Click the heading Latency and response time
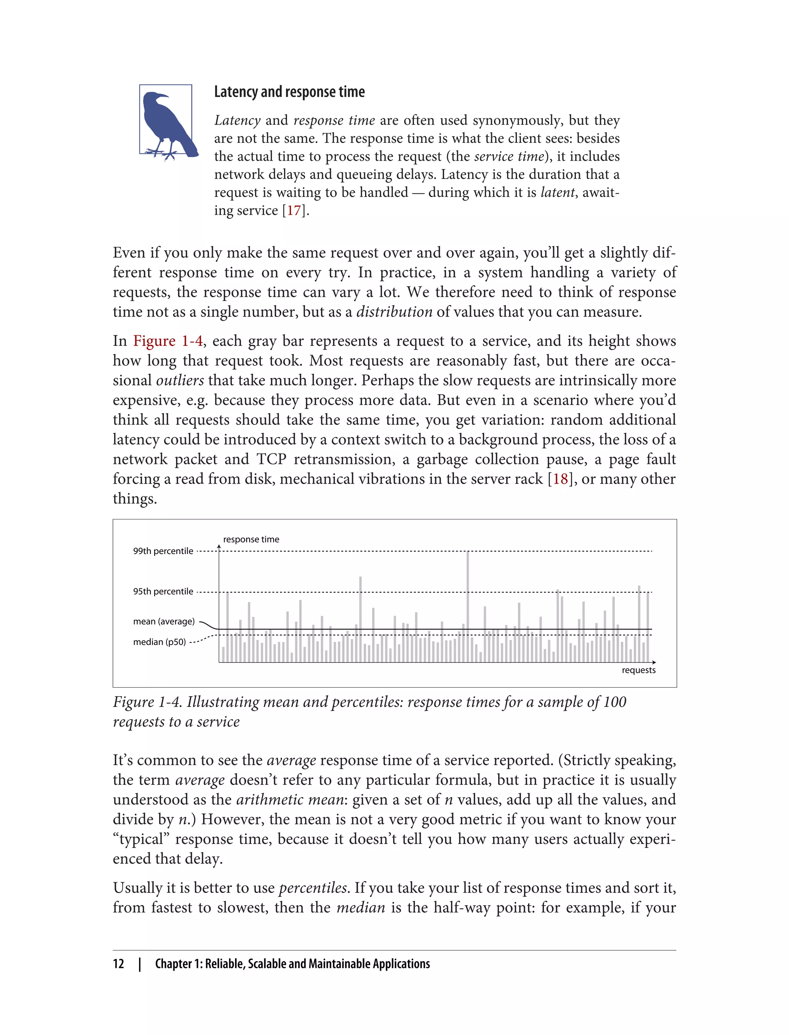[289, 92]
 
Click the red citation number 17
[294, 210]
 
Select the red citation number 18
[560, 479]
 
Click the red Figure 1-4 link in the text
[168, 341]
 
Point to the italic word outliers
[180, 380]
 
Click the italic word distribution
[394, 312]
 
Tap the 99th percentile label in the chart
[163, 551]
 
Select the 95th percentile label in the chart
[163, 591]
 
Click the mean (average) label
[163, 621]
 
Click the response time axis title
[251, 539]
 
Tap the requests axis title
[638, 670]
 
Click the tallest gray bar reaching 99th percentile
[468, 606]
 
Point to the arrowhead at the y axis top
[219, 546]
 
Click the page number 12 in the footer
[118, 964]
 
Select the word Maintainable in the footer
[339, 964]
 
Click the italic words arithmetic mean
[289, 799]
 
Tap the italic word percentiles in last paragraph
[313, 888]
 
